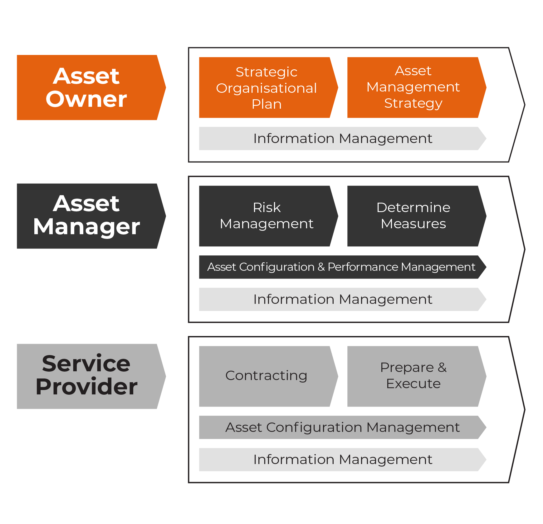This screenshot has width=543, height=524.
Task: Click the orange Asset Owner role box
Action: click(x=87, y=87)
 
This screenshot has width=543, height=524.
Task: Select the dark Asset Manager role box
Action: click(x=87, y=216)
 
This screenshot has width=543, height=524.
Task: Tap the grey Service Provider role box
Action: click(x=87, y=376)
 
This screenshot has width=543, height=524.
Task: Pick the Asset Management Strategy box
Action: click(x=413, y=87)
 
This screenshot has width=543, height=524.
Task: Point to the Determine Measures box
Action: click(x=413, y=216)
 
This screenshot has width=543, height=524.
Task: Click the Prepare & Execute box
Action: click(x=413, y=376)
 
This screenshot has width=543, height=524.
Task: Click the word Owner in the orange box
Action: click(x=86, y=99)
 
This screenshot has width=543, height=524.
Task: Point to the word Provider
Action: click(x=86, y=387)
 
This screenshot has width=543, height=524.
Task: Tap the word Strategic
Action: click(x=267, y=72)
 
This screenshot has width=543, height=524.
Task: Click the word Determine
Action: click(x=413, y=208)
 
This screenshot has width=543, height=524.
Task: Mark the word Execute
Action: click(x=413, y=384)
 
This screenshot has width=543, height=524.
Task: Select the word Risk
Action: click(x=267, y=208)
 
